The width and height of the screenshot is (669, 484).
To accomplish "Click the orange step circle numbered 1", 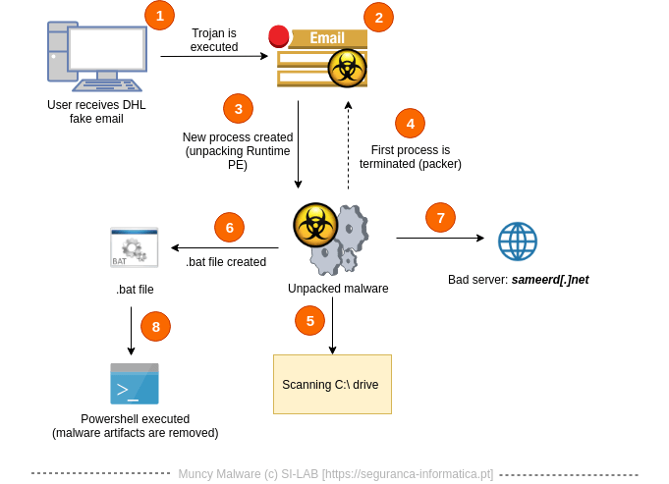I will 159,15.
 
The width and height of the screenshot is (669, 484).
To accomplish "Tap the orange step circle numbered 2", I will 378,17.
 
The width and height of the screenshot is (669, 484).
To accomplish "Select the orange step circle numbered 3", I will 238,108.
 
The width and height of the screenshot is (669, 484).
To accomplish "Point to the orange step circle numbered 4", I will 410,123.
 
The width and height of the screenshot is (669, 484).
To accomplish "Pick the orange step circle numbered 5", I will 309,320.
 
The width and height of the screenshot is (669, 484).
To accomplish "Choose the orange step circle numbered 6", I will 229,228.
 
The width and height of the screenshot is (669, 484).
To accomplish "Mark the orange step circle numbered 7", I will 440,218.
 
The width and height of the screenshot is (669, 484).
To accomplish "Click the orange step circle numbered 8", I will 155,326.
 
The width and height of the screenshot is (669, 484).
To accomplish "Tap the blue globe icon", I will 518,242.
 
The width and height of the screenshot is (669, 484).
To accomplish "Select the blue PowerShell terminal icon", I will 135,384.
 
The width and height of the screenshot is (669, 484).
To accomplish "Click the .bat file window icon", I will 135,247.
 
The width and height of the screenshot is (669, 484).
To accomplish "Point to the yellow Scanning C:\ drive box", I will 332,384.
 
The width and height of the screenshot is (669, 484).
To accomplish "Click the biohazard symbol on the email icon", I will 347,69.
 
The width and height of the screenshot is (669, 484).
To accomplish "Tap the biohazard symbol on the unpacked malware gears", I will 315,225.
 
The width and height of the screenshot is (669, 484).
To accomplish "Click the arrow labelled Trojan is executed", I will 213,56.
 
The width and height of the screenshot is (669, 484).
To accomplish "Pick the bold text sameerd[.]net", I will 549,280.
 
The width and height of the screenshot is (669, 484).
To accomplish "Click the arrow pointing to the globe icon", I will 440,238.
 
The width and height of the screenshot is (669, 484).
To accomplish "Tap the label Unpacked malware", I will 338,289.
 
